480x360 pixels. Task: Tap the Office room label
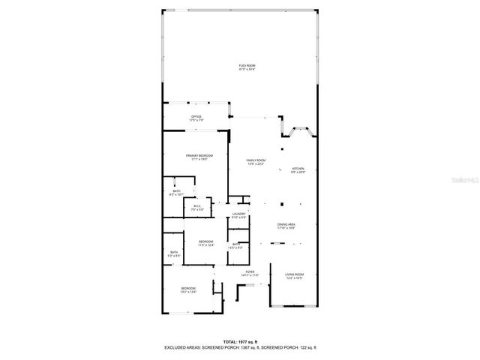tap(196, 118)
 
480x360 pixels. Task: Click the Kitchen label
tap(298, 169)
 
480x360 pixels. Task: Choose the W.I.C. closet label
tap(197, 207)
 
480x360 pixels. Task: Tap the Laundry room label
tap(239, 214)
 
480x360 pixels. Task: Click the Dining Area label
tap(286, 225)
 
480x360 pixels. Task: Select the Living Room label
tap(294, 275)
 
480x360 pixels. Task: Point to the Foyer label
tap(249, 273)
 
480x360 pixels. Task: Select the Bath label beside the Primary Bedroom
tap(176, 192)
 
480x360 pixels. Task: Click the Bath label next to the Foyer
tap(236, 244)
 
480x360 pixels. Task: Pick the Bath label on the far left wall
tap(174, 253)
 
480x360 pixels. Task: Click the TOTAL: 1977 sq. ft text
tap(240, 342)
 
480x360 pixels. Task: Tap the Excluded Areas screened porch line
tap(240, 348)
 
